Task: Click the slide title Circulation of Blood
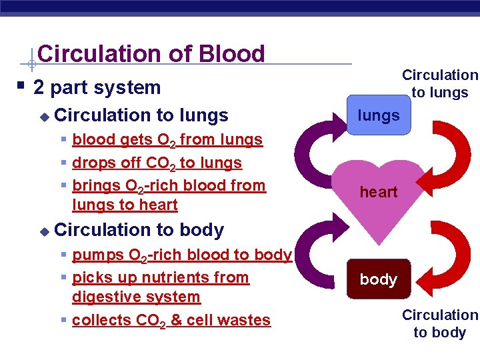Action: (151, 54)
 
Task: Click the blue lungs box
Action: (378, 115)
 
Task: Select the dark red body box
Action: (378, 279)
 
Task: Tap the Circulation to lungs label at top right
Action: (439, 84)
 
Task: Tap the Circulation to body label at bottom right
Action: (439, 323)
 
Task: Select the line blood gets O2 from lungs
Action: (167, 140)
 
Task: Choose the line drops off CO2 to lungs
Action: (157, 163)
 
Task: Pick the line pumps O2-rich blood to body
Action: (181, 255)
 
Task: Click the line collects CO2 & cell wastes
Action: (171, 320)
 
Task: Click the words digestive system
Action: (136, 297)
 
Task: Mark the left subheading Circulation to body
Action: (139, 230)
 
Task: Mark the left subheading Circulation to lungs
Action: (141, 115)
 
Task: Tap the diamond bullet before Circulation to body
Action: (44, 231)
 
